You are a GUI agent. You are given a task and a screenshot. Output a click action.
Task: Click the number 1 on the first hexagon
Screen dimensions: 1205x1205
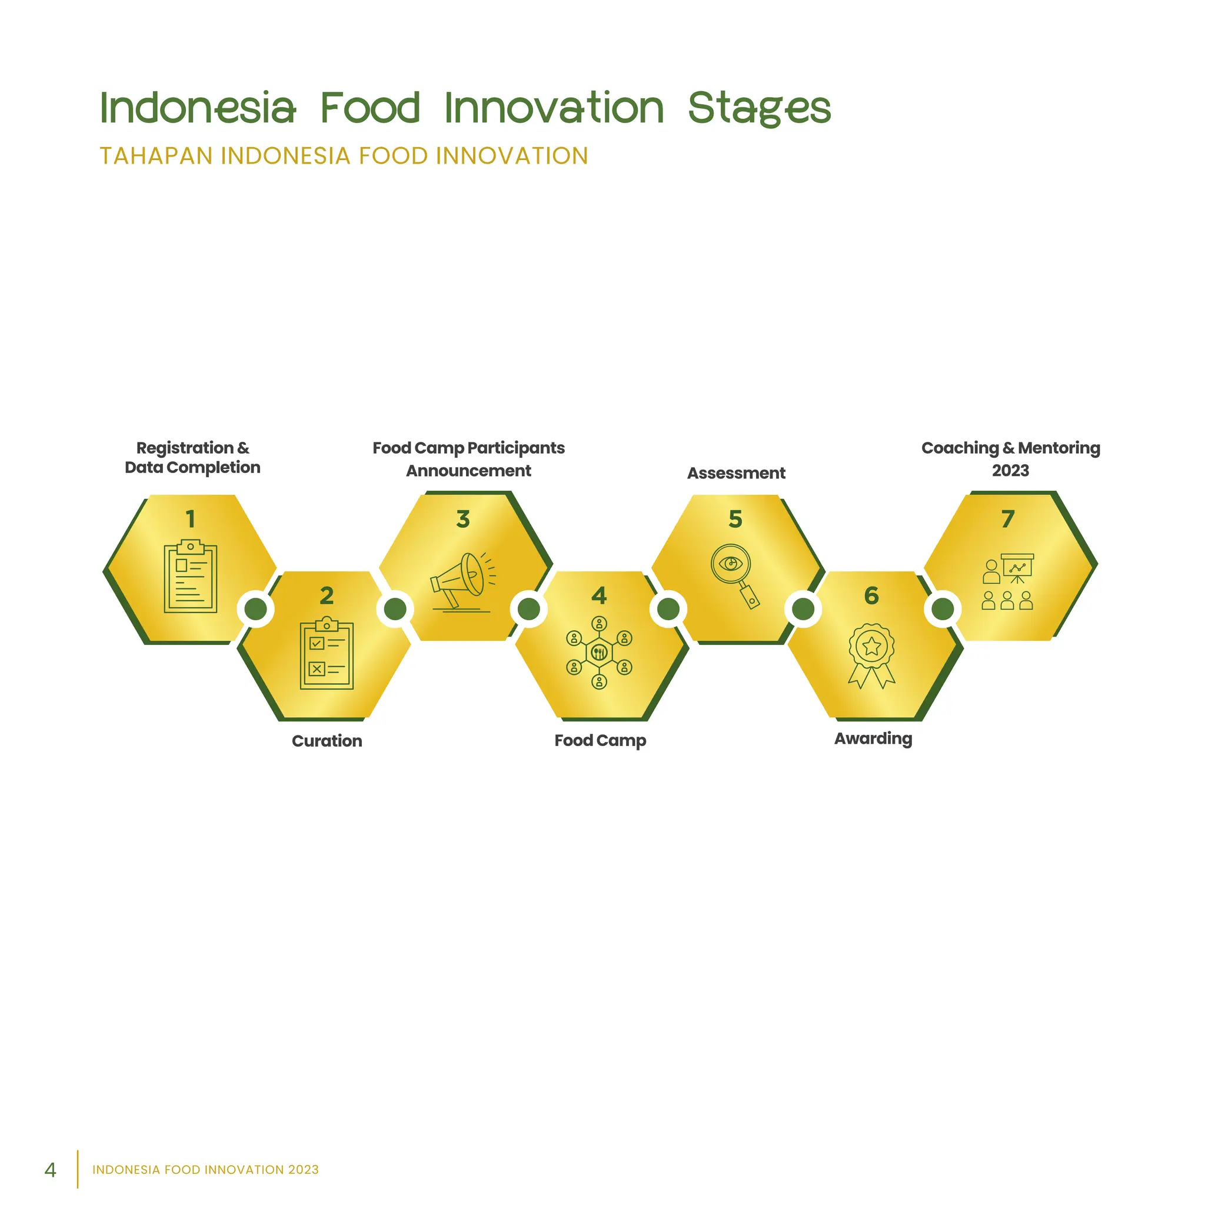[190, 519]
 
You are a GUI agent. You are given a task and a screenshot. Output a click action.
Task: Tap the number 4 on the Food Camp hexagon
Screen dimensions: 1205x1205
[599, 595]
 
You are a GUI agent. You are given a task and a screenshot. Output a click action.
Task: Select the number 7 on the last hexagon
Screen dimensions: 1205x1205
[1008, 519]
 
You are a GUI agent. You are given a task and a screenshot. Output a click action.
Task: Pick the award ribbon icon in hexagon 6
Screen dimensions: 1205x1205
[871, 655]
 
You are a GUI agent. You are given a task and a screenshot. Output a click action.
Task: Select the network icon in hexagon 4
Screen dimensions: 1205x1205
[599, 653]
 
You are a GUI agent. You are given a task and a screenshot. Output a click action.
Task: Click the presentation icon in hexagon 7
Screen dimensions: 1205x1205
[1008, 581]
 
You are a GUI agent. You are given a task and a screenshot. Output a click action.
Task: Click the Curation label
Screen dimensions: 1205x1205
[327, 741]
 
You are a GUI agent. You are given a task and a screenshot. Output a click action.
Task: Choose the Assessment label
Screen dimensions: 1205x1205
[736, 474]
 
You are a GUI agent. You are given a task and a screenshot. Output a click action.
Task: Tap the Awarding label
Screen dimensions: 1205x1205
[873, 738]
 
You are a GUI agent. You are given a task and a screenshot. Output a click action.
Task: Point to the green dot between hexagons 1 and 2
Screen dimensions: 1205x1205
[256, 610]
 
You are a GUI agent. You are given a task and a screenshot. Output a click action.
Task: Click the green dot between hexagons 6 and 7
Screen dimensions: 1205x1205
[943, 610]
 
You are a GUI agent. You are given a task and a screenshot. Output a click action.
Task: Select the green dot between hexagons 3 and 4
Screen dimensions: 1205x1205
[529, 610]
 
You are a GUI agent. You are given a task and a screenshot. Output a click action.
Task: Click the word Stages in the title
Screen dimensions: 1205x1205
[759, 108]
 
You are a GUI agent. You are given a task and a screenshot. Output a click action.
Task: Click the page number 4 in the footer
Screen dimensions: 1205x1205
[51, 1170]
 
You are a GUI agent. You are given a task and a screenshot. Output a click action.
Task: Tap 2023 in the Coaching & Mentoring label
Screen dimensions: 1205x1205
[1010, 470]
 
